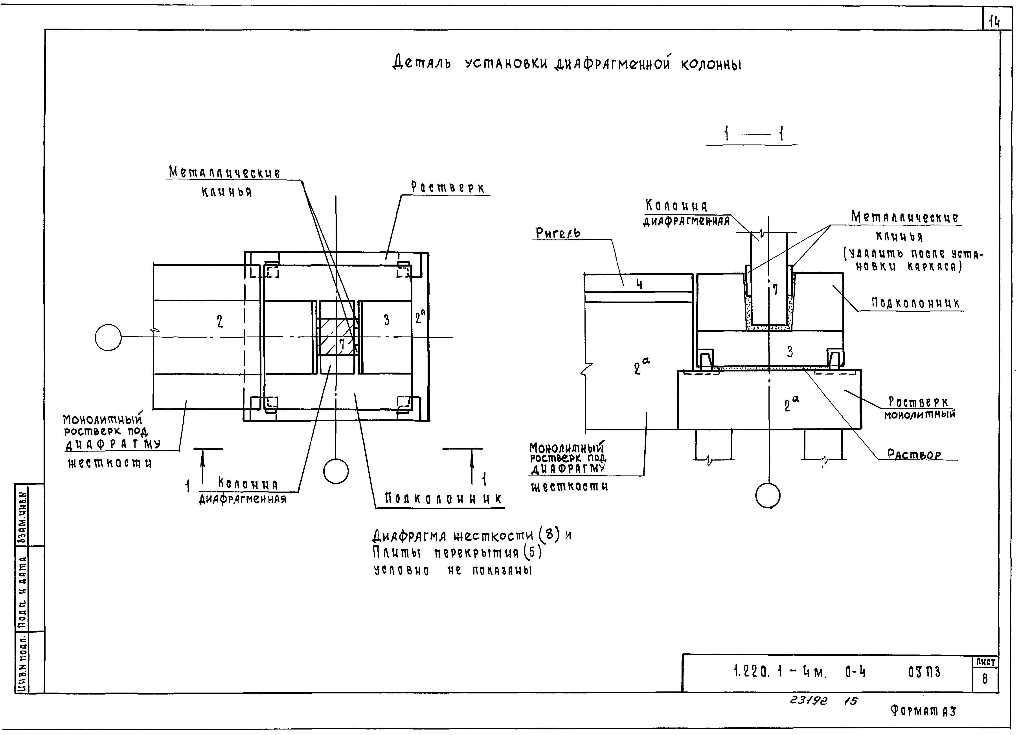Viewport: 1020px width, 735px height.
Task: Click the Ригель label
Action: pos(558,233)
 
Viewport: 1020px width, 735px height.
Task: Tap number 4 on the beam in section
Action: pos(639,285)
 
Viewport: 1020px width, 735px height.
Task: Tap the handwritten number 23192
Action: pos(808,701)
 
